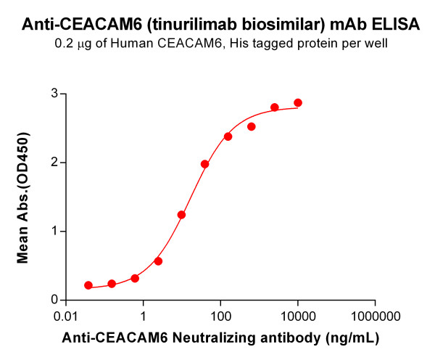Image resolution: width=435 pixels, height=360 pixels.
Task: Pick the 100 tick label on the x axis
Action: coord(220,316)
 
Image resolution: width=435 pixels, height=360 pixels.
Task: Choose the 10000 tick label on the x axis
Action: coord(297,316)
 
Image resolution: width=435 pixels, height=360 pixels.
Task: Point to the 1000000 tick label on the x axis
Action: coord(375,316)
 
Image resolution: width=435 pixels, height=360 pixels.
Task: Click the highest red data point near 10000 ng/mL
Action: coord(298,103)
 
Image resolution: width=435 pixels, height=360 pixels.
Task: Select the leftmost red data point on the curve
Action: coord(88,285)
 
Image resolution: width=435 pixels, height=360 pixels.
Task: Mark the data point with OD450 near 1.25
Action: coord(182,215)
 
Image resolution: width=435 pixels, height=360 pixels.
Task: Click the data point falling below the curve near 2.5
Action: coord(252,126)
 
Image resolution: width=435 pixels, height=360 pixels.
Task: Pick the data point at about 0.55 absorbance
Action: coord(158,261)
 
